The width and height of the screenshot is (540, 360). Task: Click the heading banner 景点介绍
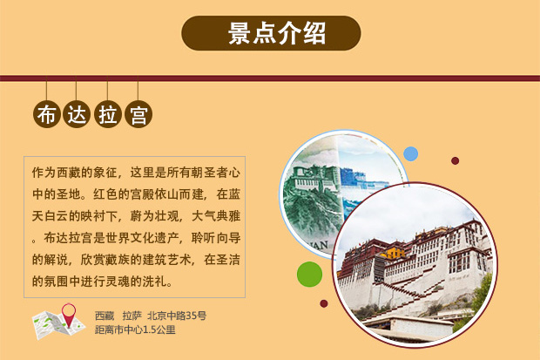270,33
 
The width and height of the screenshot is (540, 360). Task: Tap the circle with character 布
46,115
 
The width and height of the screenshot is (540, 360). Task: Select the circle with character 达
77,115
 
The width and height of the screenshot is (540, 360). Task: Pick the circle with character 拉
107,115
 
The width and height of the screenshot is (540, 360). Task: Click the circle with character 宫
138,115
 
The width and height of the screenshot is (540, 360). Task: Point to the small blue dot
410,154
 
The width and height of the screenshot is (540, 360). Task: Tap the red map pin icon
67,312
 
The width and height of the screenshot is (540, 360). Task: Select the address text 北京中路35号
177,316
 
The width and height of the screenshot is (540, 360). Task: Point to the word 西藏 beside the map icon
105,316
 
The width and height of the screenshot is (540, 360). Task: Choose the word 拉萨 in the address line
132,316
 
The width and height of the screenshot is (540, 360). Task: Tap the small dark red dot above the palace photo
455,160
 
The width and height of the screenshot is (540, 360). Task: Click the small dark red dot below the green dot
324,304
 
